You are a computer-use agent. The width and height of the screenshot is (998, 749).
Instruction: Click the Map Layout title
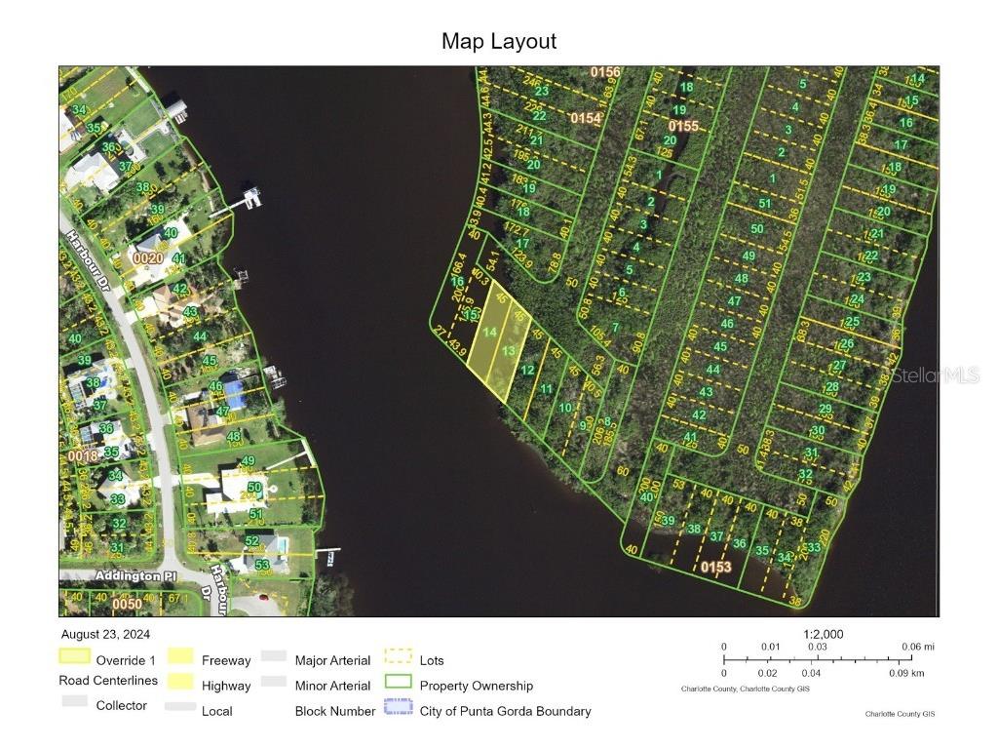(x=498, y=41)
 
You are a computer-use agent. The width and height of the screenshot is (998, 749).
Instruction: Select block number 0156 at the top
(x=605, y=72)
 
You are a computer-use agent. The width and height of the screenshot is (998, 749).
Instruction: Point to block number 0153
(x=715, y=567)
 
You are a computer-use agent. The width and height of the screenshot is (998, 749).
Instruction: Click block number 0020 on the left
(x=147, y=258)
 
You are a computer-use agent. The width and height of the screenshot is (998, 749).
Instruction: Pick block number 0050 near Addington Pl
(x=127, y=605)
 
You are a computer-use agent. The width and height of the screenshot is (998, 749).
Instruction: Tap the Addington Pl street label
(x=127, y=576)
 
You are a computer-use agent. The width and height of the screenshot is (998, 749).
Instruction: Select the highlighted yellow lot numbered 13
(x=509, y=350)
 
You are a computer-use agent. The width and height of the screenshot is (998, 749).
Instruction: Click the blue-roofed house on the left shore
(x=235, y=392)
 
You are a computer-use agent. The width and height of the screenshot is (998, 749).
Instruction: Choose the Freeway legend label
(x=226, y=660)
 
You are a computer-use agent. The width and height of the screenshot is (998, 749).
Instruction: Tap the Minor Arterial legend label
(x=332, y=686)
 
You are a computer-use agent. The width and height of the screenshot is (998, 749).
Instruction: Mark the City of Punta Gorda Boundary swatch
(x=398, y=710)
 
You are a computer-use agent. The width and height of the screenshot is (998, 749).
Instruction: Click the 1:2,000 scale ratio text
(x=824, y=634)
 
